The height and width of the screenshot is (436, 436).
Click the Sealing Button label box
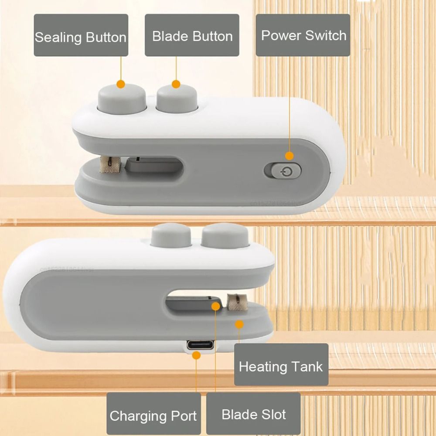(x=81, y=35)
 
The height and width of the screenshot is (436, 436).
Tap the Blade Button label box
(x=192, y=35)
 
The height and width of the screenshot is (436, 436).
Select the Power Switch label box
(x=303, y=35)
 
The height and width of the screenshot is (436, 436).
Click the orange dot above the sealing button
(x=121, y=84)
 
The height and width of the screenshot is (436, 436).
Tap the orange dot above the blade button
(x=176, y=84)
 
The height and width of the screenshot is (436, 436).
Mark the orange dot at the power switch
(x=290, y=155)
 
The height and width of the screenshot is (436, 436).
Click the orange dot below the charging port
(x=196, y=356)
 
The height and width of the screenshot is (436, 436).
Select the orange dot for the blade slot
(x=216, y=306)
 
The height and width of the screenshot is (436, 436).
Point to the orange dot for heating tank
(x=239, y=324)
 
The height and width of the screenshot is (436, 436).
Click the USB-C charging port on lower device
(x=201, y=345)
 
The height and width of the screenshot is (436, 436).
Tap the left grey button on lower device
(x=171, y=235)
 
